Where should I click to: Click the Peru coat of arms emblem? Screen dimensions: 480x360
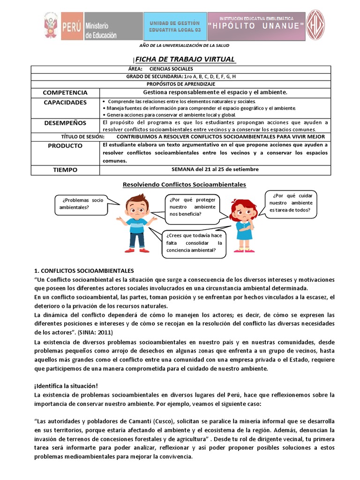pyautogui.click(x=51, y=26)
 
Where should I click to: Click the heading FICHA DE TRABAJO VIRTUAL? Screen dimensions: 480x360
pyautogui.click(x=185, y=60)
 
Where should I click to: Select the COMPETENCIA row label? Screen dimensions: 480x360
pyautogui.click(x=65, y=93)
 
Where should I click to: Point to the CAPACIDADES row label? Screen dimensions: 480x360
pyautogui.click(x=65, y=102)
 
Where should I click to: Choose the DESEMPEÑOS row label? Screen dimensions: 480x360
pyautogui.click(x=65, y=123)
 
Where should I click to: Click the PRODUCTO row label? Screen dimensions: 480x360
pyautogui.click(x=65, y=146)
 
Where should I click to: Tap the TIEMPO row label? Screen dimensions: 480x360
pyautogui.click(x=65, y=170)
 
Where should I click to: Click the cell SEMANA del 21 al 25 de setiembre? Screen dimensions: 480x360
pyautogui.click(x=215, y=169)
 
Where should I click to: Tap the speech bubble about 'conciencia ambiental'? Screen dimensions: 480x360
pyautogui.click(x=194, y=243)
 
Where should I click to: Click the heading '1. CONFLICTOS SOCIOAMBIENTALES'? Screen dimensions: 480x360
pyautogui.click(x=84, y=271)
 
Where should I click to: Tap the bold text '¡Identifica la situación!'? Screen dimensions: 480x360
pyautogui.click(x=66, y=386)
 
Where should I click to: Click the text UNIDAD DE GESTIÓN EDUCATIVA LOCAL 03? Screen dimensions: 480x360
pyautogui.click(x=174, y=26)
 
